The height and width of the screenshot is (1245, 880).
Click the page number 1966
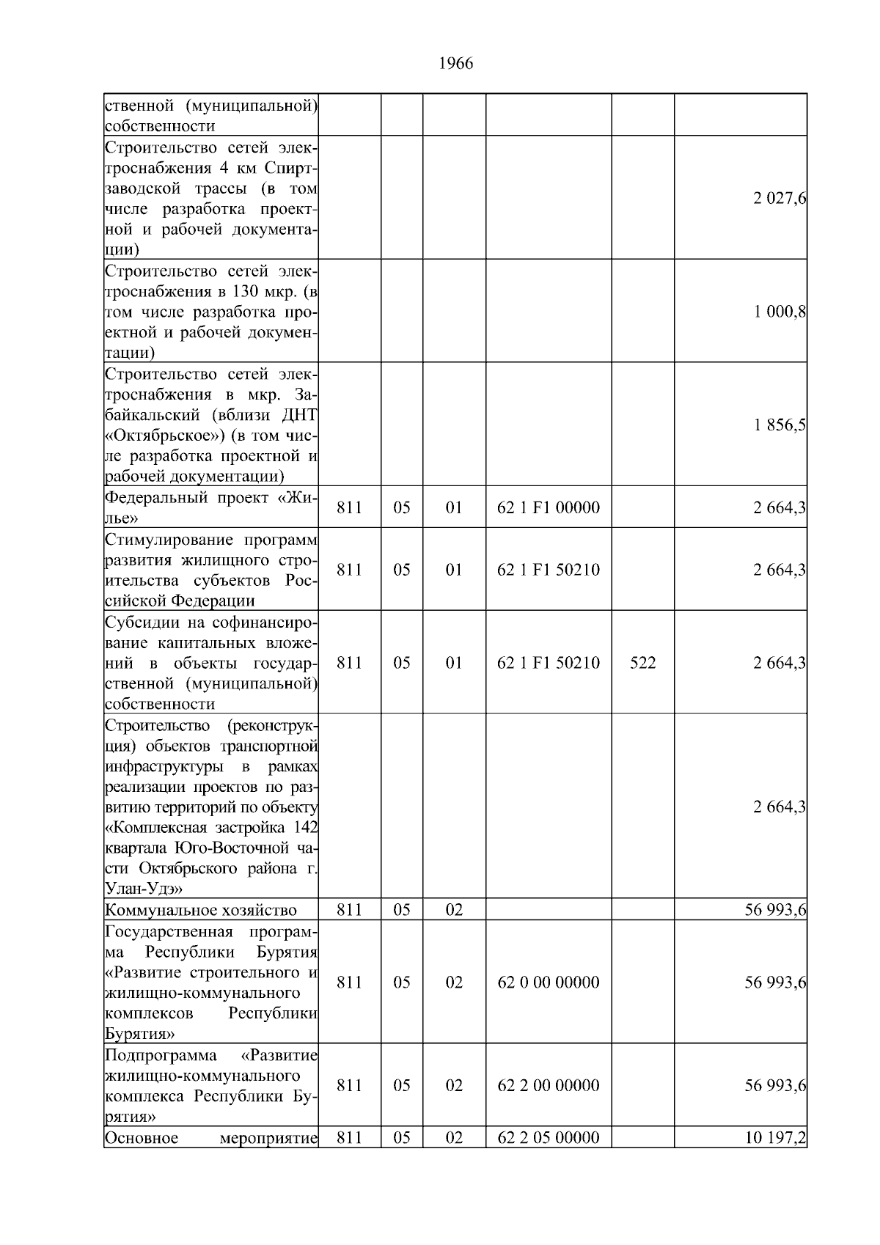[x=455, y=64]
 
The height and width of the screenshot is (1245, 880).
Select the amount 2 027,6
[x=780, y=198]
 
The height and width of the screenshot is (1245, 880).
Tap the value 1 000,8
[x=780, y=312]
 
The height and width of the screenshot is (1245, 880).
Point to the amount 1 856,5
[x=780, y=425]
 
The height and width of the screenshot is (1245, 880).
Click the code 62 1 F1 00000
[x=549, y=507]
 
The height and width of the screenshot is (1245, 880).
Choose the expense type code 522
[x=642, y=663]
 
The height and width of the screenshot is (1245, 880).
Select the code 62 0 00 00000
[x=549, y=983]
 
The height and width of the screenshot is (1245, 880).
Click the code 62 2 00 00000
[x=549, y=1085]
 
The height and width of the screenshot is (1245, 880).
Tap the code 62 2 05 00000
[x=549, y=1138]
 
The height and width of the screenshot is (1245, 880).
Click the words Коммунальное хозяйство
[x=201, y=911]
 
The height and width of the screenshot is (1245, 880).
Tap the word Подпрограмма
[x=161, y=1055]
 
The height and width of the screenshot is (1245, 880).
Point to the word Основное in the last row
[x=142, y=1139]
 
